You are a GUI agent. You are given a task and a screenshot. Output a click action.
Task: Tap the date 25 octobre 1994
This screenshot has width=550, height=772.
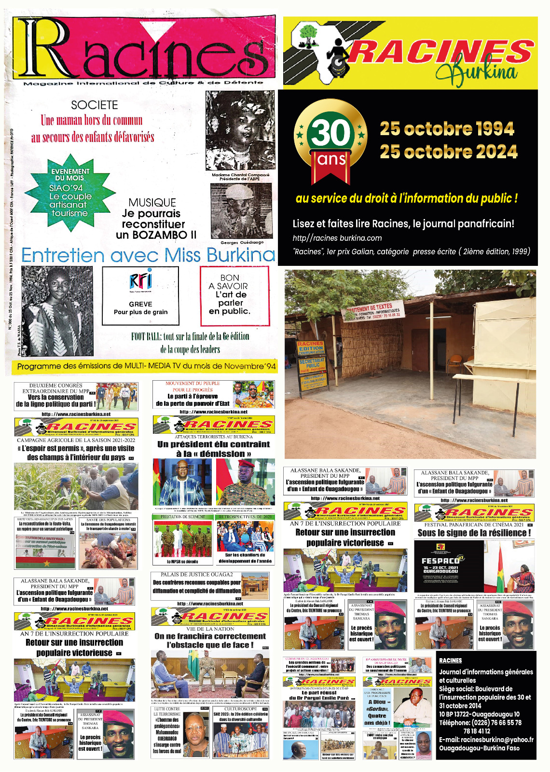(x=447, y=129)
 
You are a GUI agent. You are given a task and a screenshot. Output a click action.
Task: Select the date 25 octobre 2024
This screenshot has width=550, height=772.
(x=448, y=152)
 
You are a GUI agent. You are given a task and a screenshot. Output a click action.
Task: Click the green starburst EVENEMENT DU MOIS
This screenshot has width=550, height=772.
(x=70, y=192)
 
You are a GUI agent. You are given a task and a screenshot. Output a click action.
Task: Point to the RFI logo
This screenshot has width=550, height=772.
(x=140, y=281)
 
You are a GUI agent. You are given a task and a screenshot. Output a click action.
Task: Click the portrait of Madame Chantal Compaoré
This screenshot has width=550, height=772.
(x=240, y=131)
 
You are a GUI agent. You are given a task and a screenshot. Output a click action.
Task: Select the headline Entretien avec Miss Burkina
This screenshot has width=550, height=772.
(x=148, y=255)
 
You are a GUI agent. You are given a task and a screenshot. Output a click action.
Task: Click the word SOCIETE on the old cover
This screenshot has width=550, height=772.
(x=95, y=105)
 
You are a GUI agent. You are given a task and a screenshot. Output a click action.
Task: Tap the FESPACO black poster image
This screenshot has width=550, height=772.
(x=448, y=566)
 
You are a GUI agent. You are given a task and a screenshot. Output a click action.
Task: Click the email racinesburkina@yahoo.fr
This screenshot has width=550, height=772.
(x=486, y=740)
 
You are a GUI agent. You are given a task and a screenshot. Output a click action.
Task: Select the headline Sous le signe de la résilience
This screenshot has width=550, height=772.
(x=474, y=533)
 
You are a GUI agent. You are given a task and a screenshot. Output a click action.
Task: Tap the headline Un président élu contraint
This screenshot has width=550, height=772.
(x=214, y=444)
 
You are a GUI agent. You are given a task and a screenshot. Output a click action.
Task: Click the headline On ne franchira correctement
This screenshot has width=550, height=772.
(x=210, y=637)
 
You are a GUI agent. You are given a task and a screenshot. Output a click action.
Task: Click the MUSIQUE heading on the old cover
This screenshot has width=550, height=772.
(x=152, y=203)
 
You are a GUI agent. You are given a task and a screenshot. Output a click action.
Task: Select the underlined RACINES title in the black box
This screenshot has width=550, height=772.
(x=450, y=661)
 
